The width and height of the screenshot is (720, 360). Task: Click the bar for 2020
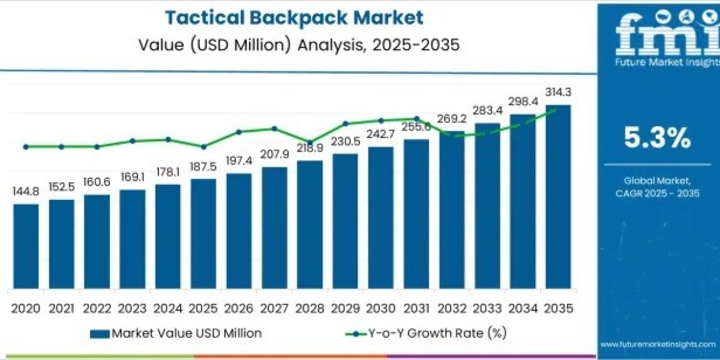click(x=26, y=246)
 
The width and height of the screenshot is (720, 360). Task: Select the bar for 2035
click(x=557, y=198)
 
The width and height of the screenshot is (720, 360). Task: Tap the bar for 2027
click(x=274, y=228)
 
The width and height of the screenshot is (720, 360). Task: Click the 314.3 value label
click(x=558, y=92)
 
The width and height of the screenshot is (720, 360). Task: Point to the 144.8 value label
click(x=26, y=191)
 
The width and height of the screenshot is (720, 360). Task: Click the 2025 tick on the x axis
click(x=203, y=308)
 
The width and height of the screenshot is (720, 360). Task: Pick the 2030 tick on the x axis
click(x=380, y=308)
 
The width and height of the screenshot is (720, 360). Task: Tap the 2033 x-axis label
click(x=487, y=308)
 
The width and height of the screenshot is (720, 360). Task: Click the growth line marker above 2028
click(x=310, y=143)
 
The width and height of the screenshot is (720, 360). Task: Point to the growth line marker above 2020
click(x=26, y=146)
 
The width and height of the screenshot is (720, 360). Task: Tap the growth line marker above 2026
click(x=239, y=131)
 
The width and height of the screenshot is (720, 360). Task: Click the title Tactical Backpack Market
click(x=294, y=17)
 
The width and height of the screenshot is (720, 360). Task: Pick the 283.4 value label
click(x=487, y=110)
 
